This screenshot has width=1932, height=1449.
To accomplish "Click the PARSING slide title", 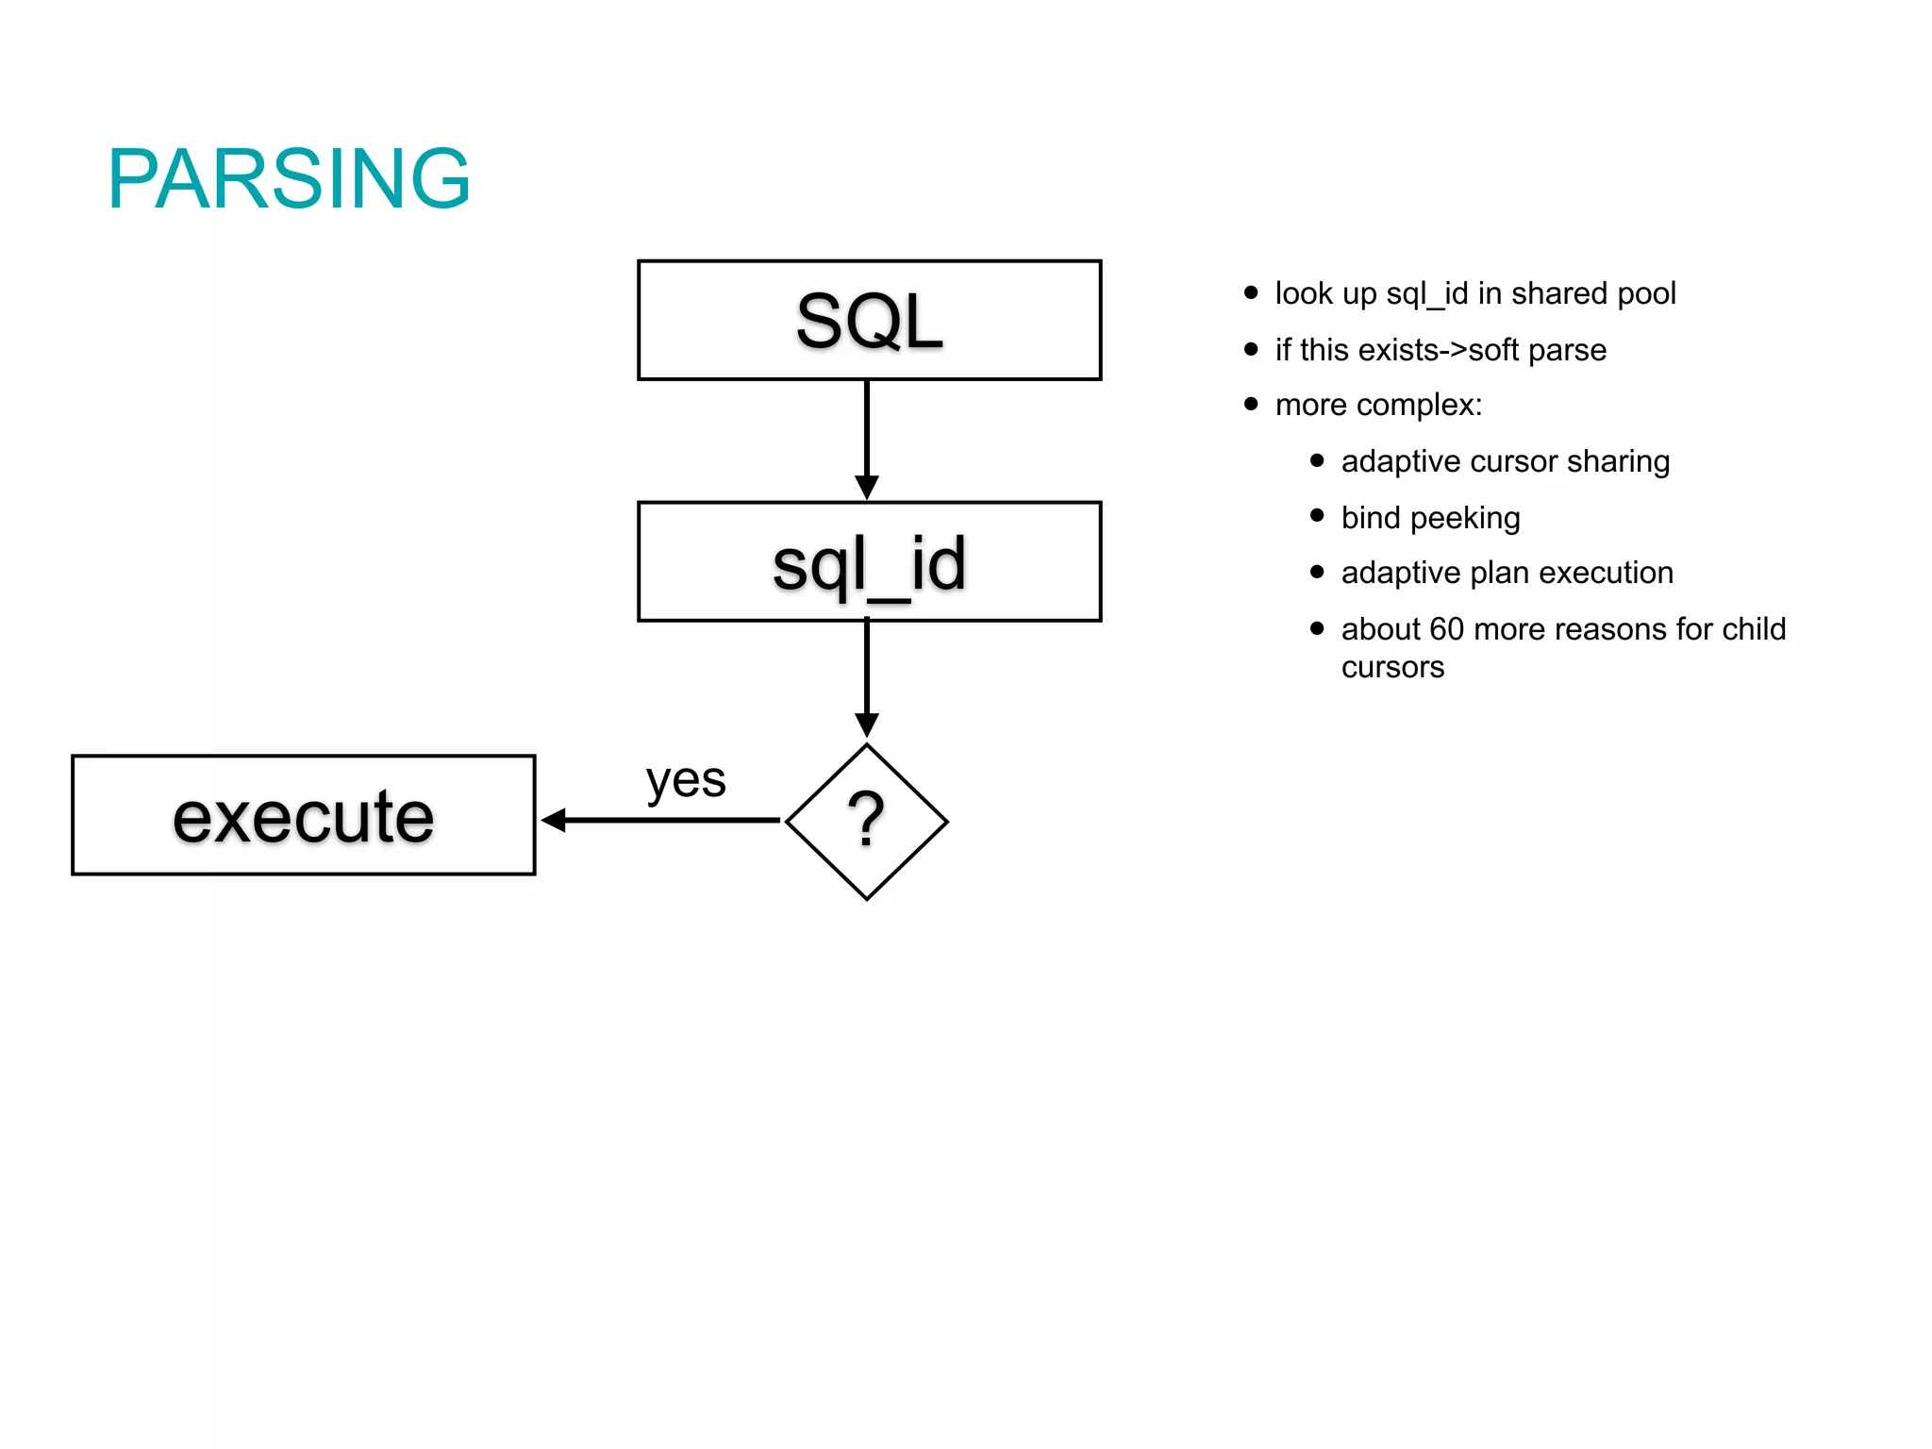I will coord(289,178).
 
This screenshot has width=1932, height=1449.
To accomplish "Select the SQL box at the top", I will coord(869,321).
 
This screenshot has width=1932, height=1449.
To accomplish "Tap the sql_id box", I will coord(869,562).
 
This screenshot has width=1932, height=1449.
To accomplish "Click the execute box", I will coord(303,816).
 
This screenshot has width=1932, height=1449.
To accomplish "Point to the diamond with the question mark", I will coord(866,822).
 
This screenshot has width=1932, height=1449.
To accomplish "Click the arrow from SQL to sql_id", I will coord(867,440).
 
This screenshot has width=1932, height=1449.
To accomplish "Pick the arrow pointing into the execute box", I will coord(660,821).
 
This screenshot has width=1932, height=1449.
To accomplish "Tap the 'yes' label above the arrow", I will coord(686,780).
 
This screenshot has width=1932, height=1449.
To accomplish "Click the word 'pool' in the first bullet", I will coord(1646,293).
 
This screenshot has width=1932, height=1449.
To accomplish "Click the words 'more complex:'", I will coord(1378,405).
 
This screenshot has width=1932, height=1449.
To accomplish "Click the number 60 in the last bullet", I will coord(1446,629).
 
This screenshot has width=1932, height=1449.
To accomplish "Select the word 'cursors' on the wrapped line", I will coord(1392,667).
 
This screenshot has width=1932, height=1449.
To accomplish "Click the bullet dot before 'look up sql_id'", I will coord(1252,292).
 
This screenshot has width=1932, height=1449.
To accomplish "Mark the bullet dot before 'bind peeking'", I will coord(1318,515).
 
